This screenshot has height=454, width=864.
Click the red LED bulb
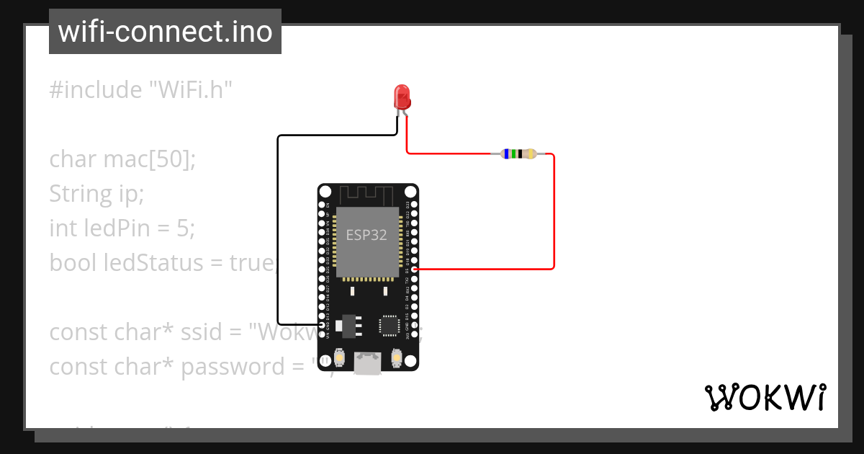click(x=402, y=96)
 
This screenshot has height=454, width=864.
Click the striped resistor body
click(x=518, y=153)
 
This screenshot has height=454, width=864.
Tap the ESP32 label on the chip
click(x=366, y=235)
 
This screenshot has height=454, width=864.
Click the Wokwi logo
click(x=765, y=397)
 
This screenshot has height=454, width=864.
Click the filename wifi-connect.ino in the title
click(x=165, y=32)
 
